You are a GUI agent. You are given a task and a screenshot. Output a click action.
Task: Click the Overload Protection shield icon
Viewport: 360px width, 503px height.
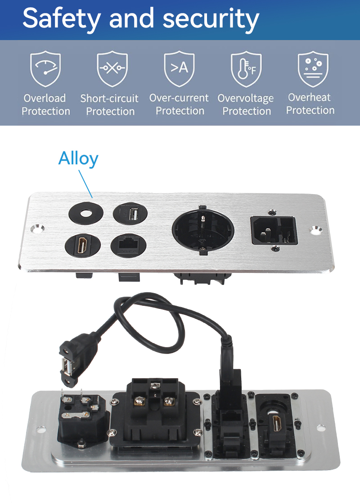45,68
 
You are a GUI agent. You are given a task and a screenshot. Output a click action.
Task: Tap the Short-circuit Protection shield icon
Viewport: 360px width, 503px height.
112,68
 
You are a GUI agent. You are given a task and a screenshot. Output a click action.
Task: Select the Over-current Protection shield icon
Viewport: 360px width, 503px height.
179,68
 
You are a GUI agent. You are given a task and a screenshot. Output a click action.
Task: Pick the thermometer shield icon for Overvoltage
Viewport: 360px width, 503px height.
246,68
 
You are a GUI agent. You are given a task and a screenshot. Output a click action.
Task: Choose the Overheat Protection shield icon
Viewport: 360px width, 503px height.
313,68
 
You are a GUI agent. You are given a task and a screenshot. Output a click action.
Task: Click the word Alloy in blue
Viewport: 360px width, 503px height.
78,159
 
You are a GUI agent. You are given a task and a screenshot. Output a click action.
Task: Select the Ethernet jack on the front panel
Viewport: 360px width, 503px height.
128,246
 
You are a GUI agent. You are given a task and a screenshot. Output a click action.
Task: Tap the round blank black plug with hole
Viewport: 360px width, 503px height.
86,213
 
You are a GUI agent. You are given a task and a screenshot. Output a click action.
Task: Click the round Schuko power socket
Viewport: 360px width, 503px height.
203,230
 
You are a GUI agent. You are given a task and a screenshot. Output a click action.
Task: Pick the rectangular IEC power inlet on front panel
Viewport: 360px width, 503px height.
274,230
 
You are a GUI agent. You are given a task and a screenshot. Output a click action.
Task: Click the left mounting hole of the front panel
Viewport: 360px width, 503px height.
37,229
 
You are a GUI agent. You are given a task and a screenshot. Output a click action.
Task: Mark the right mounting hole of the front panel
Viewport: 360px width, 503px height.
316,230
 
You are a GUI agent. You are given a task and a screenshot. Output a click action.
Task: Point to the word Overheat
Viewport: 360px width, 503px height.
309,97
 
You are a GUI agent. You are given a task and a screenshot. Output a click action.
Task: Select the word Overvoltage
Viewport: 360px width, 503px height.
246,98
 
